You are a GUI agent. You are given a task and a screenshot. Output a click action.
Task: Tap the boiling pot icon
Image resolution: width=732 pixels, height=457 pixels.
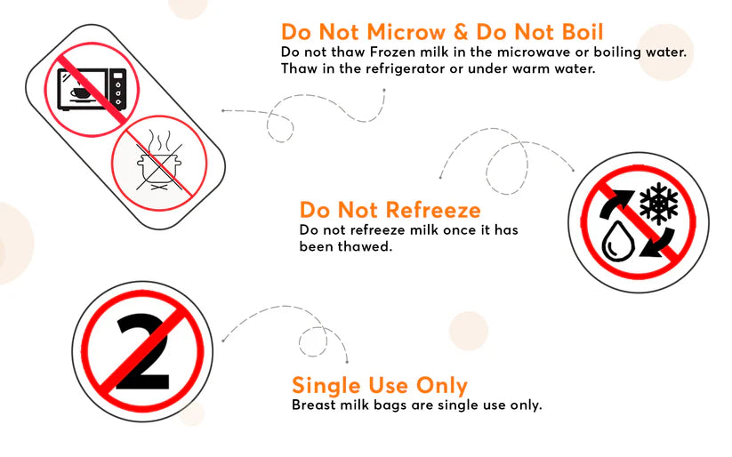(x=157, y=164)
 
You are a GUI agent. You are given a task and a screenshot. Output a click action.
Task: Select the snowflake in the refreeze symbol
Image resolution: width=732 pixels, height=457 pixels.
(x=659, y=203)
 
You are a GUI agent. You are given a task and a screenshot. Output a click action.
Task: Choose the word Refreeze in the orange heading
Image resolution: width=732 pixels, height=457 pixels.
(x=433, y=210)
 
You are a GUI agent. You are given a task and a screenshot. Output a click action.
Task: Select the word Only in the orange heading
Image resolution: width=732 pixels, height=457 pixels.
(x=442, y=385)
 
